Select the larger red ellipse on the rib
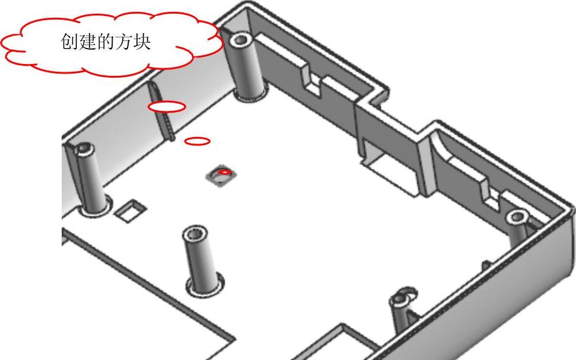167,107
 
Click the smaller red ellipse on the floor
198,141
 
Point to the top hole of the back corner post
241,41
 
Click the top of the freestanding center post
195,232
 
